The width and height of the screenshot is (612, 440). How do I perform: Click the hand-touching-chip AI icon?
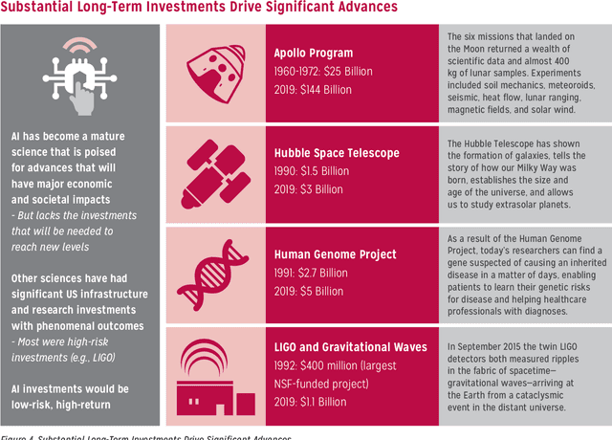tap(66, 77)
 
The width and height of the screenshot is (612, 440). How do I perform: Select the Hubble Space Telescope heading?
tap(337, 152)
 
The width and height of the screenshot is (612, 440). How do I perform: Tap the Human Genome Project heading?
tap(335, 254)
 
